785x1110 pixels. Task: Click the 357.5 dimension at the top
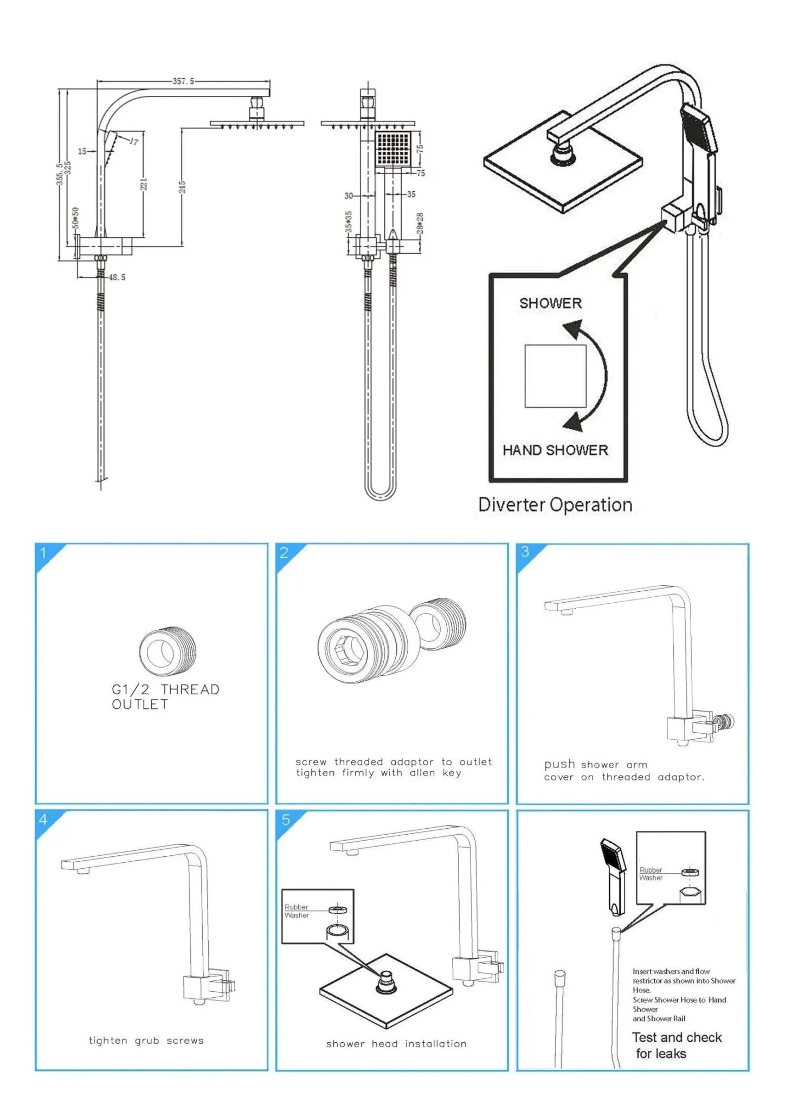click(x=183, y=81)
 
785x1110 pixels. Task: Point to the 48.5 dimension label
click(x=117, y=277)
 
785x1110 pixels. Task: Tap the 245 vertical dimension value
click(x=183, y=187)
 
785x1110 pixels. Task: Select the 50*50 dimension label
click(x=76, y=217)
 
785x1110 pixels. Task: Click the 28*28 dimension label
click(x=420, y=223)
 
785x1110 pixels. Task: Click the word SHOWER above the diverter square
click(x=550, y=304)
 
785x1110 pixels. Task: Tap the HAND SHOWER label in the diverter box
click(x=555, y=450)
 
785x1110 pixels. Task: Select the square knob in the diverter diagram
click(x=555, y=376)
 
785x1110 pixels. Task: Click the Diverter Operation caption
click(x=555, y=505)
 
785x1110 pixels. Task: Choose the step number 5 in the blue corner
click(x=286, y=820)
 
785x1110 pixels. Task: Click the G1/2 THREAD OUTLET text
click(x=165, y=697)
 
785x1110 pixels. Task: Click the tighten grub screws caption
click(x=146, y=1041)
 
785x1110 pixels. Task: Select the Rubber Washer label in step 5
click(x=297, y=911)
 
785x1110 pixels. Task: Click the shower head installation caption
click(x=396, y=1044)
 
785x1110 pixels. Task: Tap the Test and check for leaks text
click(x=676, y=1046)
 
